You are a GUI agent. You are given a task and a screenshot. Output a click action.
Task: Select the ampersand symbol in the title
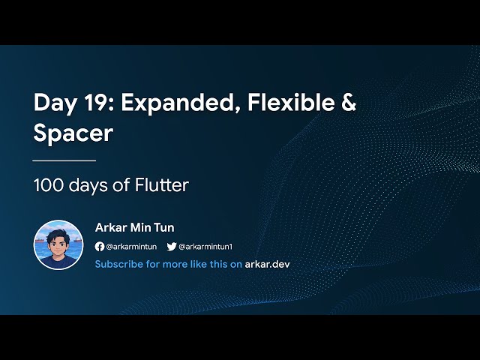coord(348,103)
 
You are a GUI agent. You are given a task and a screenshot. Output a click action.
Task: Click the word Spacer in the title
coord(73,133)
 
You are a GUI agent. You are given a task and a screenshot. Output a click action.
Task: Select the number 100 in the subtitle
coord(48,184)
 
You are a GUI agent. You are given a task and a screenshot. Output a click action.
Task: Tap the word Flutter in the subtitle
coord(162,184)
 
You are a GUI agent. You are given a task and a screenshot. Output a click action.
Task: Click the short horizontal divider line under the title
coord(64,160)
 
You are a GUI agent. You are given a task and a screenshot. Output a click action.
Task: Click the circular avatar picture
coord(58,244)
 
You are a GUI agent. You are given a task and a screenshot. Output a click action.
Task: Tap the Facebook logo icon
coord(100,247)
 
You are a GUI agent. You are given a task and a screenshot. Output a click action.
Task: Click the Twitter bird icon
coord(171,247)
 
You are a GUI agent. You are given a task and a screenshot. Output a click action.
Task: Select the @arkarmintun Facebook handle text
coord(132,247)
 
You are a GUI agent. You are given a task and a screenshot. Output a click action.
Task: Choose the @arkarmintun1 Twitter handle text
coord(205,247)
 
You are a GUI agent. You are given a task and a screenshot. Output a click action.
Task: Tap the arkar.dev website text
coord(267,264)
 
